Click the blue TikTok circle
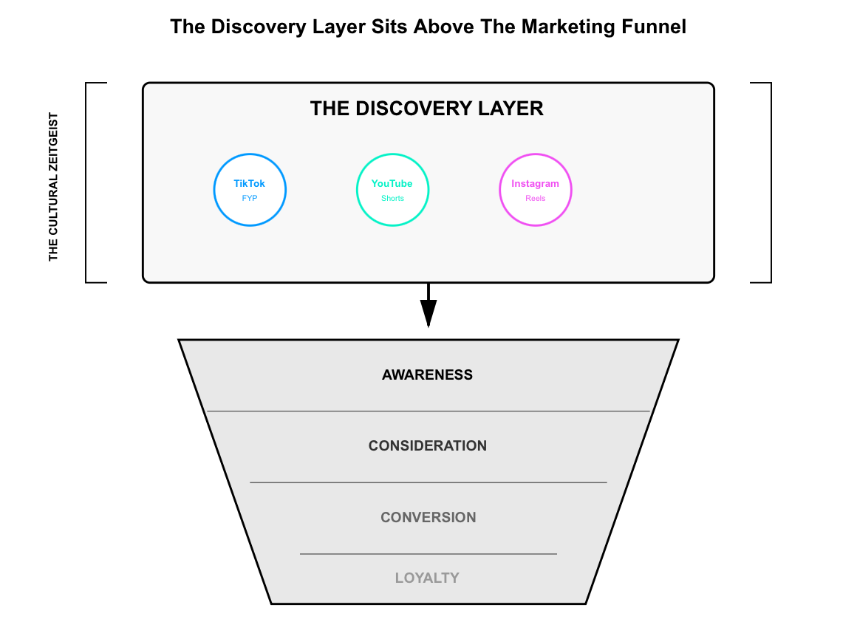click(250, 190)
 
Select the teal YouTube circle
click(392, 190)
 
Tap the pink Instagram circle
click(536, 190)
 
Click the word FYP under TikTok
click(250, 199)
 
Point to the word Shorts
click(392, 199)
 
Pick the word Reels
click(536, 199)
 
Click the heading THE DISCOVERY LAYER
click(427, 109)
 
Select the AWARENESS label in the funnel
click(427, 375)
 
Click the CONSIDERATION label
click(427, 446)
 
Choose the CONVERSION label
click(428, 517)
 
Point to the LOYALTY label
click(427, 578)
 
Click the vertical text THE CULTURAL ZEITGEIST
click(53, 186)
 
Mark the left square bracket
click(87, 182)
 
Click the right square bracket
click(770, 182)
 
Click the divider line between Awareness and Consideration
click(428, 411)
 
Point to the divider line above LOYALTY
click(428, 553)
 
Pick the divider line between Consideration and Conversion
click(428, 482)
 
